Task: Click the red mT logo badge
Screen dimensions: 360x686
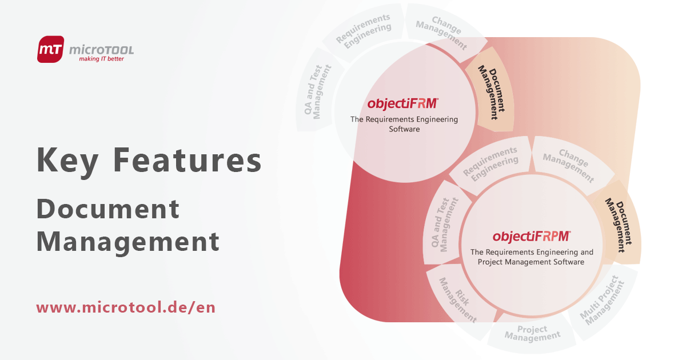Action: point(50,49)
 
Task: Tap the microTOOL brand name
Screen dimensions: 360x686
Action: point(101,49)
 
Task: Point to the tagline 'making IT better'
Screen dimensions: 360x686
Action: point(101,59)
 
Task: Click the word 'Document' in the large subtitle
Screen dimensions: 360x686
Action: point(108,209)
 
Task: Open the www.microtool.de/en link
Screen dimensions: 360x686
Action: point(126,307)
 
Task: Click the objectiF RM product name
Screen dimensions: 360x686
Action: point(403,103)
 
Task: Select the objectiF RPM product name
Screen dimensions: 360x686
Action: point(531,236)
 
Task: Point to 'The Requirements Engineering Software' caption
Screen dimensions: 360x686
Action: point(404,124)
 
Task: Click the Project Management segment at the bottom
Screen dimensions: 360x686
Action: point(532,333)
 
